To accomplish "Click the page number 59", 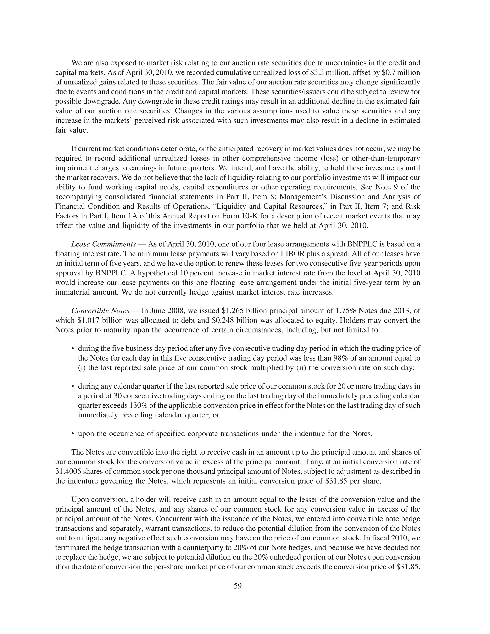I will click(x=237, y=586).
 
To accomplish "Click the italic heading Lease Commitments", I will click(x=103, y=244).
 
